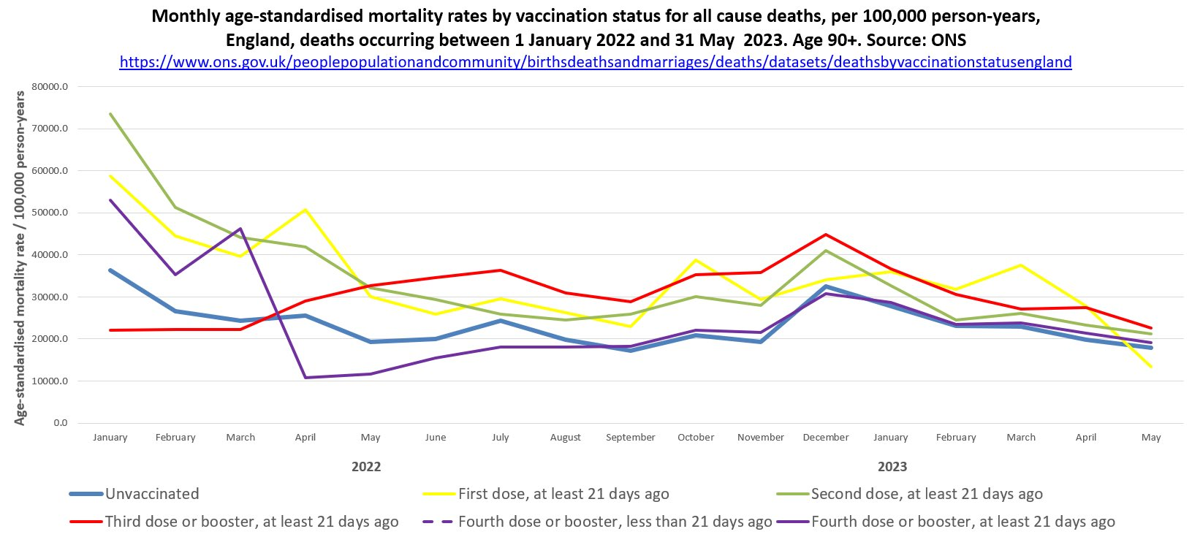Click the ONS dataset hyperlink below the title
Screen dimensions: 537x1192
pos(595,62)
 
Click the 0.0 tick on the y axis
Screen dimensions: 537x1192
pos(60,423)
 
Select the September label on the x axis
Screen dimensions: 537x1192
pos(631,438)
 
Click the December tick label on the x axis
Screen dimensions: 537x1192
pos(826,438)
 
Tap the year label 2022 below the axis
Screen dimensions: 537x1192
pos(366,467)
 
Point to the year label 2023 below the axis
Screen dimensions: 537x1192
pos(892,467)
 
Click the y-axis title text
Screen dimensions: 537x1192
pos(20,258)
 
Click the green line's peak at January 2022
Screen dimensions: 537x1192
pos(111,114)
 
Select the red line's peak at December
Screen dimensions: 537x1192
pos(826,235)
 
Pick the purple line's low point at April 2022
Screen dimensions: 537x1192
pos(305,378)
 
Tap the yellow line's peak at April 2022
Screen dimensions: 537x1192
pos(305,210)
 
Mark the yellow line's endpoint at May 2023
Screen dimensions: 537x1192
pos(1151,367)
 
